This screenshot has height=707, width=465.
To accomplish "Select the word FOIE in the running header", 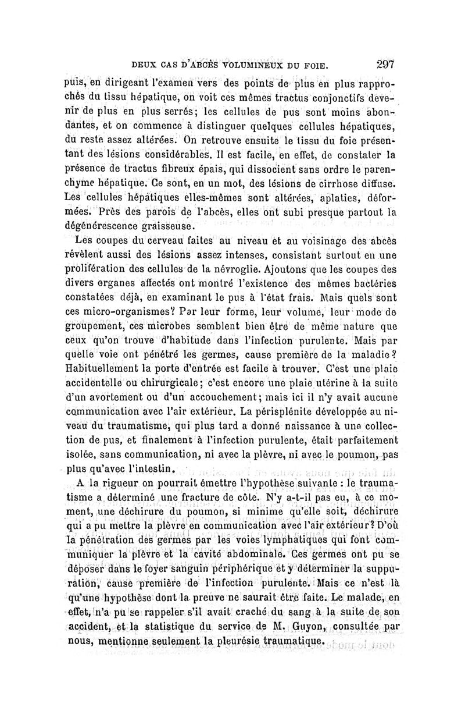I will pyautogui.click(x=317, y=65).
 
